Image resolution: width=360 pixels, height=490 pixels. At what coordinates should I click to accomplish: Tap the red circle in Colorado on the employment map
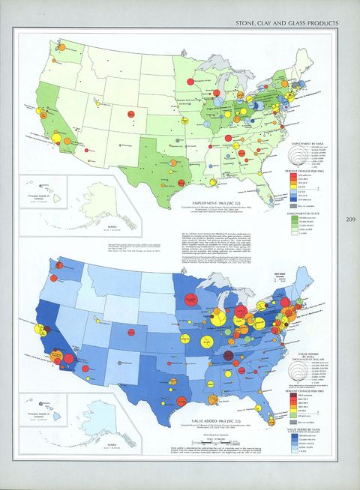[x=131, y=112]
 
